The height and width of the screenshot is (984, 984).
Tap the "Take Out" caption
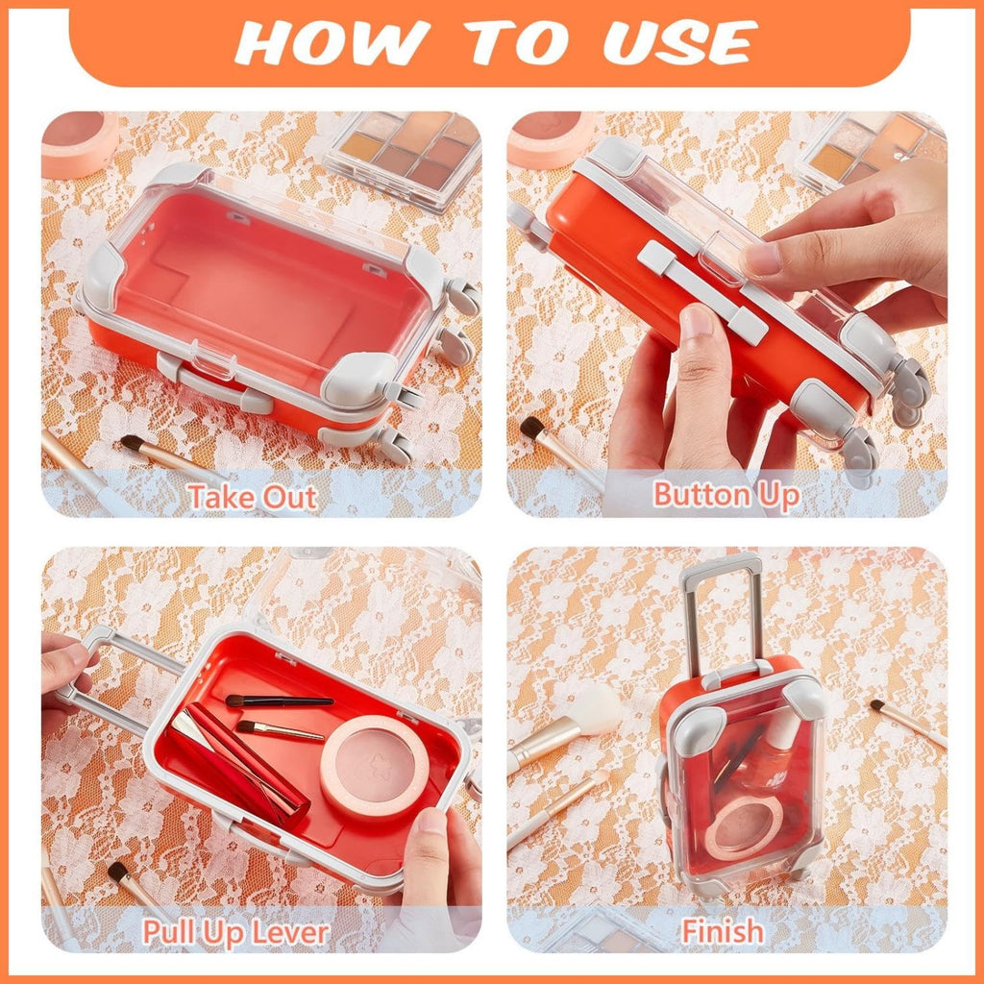(x=253, y=497)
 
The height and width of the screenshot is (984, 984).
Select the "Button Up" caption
(x=726, y=496)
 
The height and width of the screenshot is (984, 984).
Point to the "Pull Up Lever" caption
(x=235, y=932)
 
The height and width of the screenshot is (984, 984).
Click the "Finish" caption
(x=723, y=931)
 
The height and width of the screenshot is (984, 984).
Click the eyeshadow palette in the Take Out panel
(x=405, y=155)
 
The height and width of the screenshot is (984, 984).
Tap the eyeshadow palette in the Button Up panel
(x=869, y=151)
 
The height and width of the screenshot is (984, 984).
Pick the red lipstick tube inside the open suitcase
(x=238, y=766)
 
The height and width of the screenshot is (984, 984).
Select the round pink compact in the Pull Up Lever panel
(x=375, y=767)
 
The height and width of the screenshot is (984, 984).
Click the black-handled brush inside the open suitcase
(x=280, y=701)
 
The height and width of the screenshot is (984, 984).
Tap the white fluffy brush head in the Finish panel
(x=596, y=709)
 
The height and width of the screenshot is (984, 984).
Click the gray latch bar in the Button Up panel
(x=702, y=291)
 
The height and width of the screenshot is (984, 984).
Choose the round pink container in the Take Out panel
(x=79, y=143)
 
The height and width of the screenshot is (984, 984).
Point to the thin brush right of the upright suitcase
(x=908, y=723)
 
